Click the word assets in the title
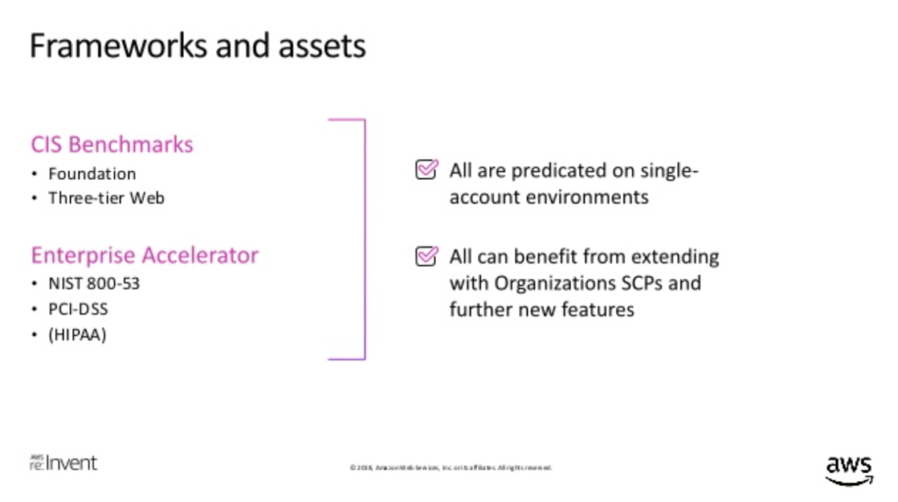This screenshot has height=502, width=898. pos(321,46)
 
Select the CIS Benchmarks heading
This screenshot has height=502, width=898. pos(111,144)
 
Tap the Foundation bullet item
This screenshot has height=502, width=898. pos(92,174)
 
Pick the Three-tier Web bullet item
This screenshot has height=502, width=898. pos(106,197)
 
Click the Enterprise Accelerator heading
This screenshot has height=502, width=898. pos(145,255)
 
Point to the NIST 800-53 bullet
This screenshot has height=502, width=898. pos(94,284)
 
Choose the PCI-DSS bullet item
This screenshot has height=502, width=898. pos(79,309)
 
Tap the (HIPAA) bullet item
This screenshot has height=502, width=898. pos(77,333)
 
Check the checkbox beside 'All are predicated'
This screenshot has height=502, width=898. pos(425,170)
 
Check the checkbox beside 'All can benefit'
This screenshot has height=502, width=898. pos(425,256)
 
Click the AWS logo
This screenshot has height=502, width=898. pos(848,469)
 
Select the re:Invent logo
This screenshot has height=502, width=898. pos(63,463)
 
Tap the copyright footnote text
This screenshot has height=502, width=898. pos(450,468)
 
